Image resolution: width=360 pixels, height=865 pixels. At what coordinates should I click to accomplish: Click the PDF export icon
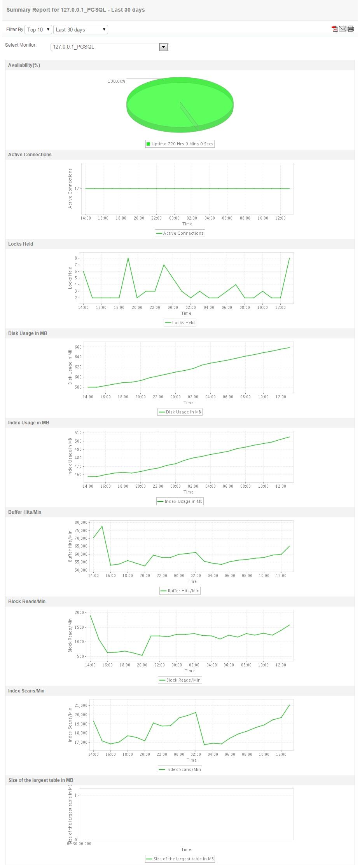[334, 29]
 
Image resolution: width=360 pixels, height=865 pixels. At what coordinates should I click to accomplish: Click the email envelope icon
[343, 29]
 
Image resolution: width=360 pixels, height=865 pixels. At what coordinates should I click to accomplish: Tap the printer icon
[351, 29]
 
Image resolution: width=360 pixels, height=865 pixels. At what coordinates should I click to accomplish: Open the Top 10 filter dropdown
[38, 30]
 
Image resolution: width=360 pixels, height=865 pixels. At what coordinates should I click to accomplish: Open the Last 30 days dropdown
[80, 30]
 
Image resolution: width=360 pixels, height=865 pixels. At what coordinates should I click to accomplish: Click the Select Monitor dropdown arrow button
[164, 47]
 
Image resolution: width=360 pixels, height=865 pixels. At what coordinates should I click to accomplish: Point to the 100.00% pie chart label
[117, 81]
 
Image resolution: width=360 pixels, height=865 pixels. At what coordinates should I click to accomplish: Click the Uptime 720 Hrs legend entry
[180, 144]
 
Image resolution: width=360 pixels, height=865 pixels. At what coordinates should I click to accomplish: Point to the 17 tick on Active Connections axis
[77, 188]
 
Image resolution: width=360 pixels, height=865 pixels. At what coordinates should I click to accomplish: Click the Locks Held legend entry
[180, 323]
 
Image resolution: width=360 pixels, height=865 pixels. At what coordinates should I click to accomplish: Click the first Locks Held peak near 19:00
[128, 258]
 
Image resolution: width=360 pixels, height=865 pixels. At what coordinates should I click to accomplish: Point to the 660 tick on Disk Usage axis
[78, 347]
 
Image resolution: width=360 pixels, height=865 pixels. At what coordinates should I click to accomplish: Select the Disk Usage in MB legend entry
[180, 412]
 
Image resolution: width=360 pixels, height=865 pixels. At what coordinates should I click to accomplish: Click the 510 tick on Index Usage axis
[78, 432]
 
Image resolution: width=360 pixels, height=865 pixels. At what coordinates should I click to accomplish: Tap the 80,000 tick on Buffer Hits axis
[81, 522]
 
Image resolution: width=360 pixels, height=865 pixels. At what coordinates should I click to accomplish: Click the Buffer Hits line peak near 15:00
[102, 526]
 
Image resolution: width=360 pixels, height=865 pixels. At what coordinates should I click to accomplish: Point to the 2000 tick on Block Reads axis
[79, 612]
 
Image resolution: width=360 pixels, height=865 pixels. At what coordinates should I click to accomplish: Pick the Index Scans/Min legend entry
[180, 769]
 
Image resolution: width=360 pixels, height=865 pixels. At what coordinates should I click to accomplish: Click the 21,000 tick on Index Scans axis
[81, 705]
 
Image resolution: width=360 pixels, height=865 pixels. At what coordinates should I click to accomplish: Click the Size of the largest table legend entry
[180, 859]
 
